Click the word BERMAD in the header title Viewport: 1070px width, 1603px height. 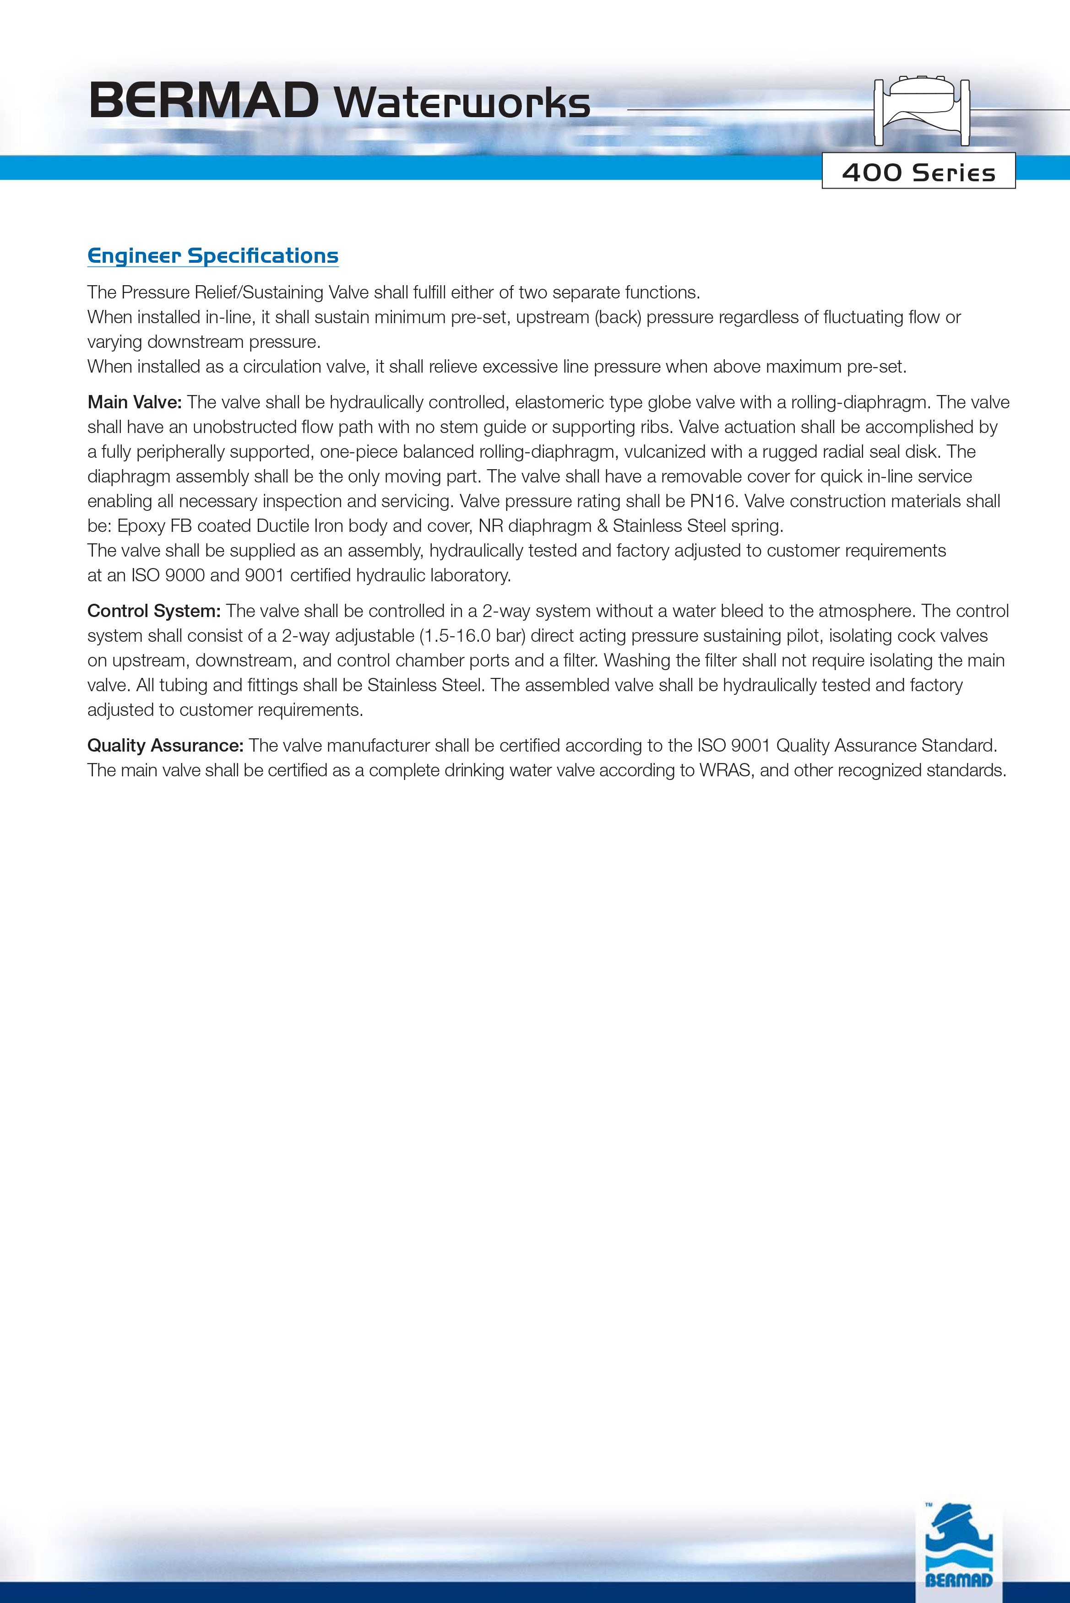[x=203, y=101]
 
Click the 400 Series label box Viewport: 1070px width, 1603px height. [x=918, y=171]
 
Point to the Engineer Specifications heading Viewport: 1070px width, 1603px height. [x=213, y=256]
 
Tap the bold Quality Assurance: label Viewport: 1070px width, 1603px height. [x=165, y=746]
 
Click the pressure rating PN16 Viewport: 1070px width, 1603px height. [x=714, y=501]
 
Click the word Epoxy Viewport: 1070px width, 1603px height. [x=141, y=526]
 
